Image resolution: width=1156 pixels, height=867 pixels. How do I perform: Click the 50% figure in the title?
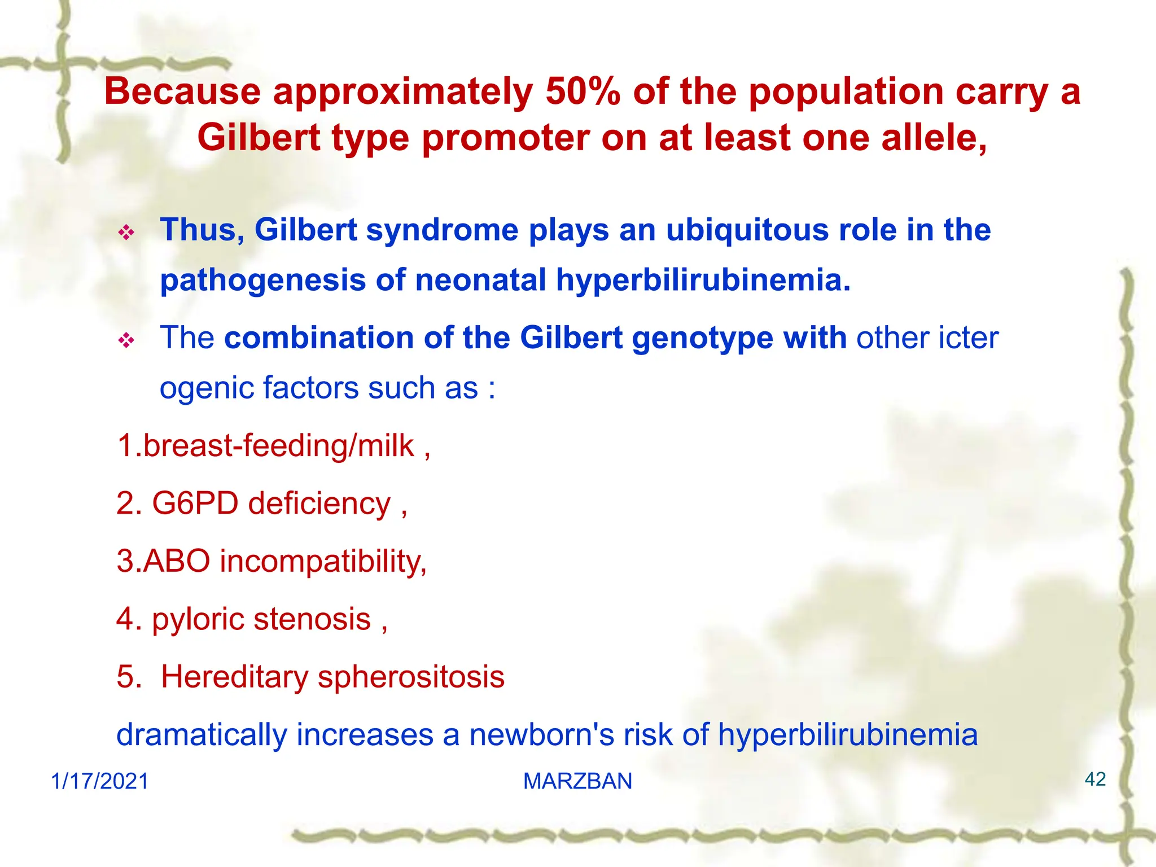pos(583,91)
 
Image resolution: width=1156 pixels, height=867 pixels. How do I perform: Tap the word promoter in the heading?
pos(505,138)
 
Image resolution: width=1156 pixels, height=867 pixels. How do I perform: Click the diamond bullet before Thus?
pos(126,232)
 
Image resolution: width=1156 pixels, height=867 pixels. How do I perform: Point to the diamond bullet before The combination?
pos(126,340)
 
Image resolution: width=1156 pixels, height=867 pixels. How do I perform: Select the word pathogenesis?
pos(262,280)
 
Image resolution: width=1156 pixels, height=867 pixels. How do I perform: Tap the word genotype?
pos(702,338)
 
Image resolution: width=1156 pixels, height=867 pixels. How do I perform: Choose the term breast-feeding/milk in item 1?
pos(278,446)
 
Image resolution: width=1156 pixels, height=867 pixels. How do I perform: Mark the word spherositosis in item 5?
pos(410,677)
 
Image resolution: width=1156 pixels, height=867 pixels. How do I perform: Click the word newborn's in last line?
pos(541,735)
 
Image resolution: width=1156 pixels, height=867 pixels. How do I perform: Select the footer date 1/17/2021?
pos(100,781)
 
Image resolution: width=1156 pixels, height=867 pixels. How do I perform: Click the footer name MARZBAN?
pos(577,781)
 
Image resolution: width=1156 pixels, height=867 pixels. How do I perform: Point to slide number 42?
pos(1094,780)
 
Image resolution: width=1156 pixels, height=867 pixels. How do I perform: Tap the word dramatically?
pos(202,735)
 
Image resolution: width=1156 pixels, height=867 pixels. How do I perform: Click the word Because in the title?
pos(182,91)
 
